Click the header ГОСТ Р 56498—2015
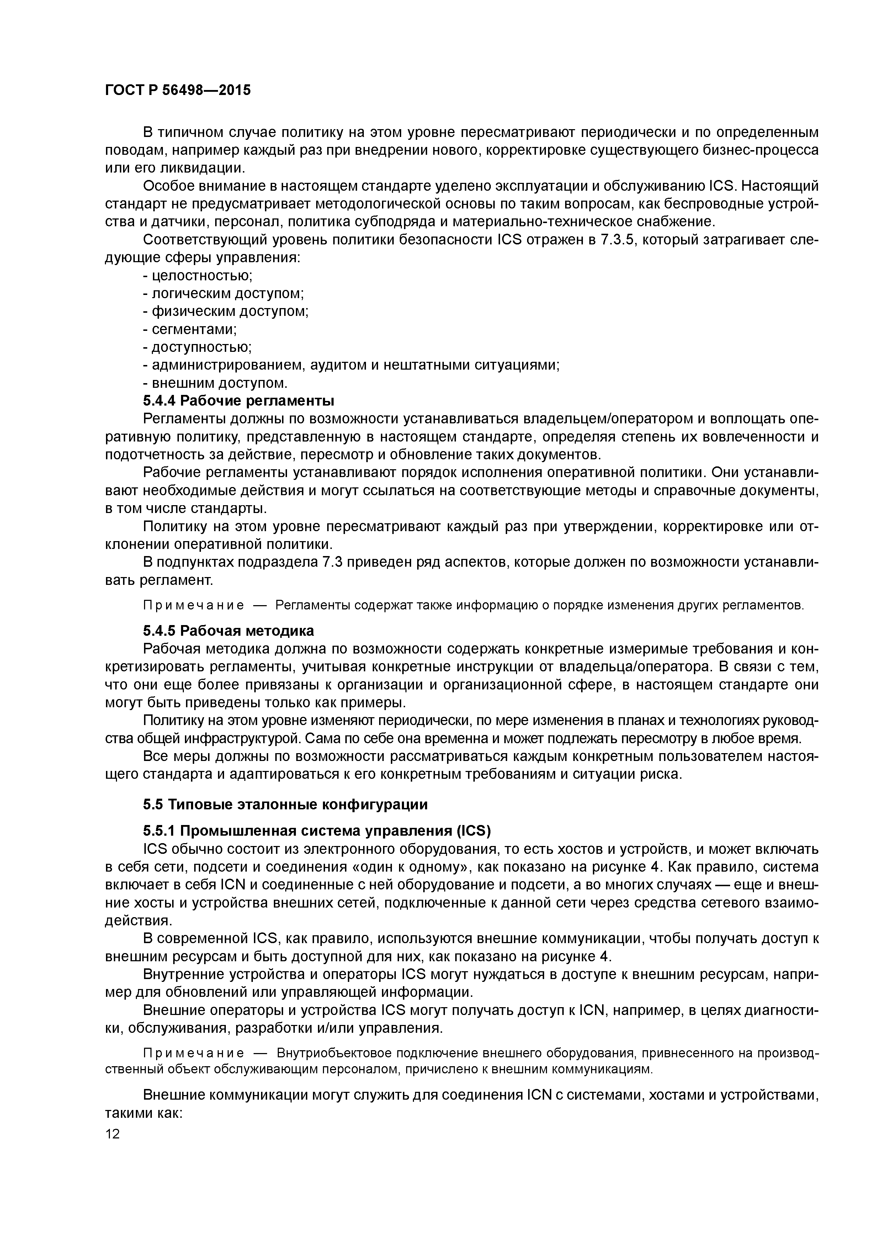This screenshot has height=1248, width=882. [x=178, y=90]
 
